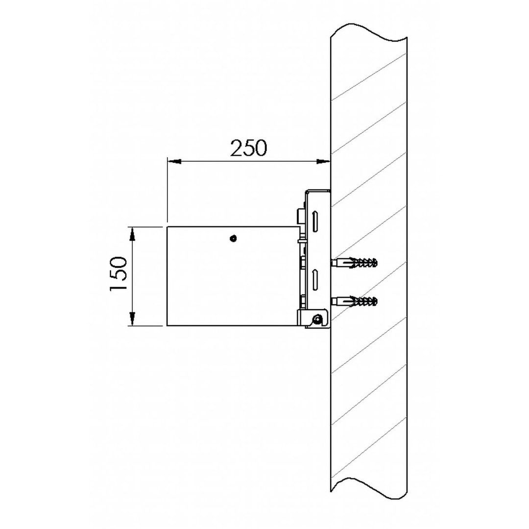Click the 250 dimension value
click(249, 148)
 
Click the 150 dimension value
click(119, 273)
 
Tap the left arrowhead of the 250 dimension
click(174, 162)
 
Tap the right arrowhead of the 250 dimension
click(323, 162)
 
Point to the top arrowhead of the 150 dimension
click(132, 234)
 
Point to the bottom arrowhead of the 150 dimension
click(132, 319)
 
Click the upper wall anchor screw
click(354, 263)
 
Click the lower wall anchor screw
click(354, 301)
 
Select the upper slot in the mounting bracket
click(315, 221)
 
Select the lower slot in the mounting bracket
click(315, 280)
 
